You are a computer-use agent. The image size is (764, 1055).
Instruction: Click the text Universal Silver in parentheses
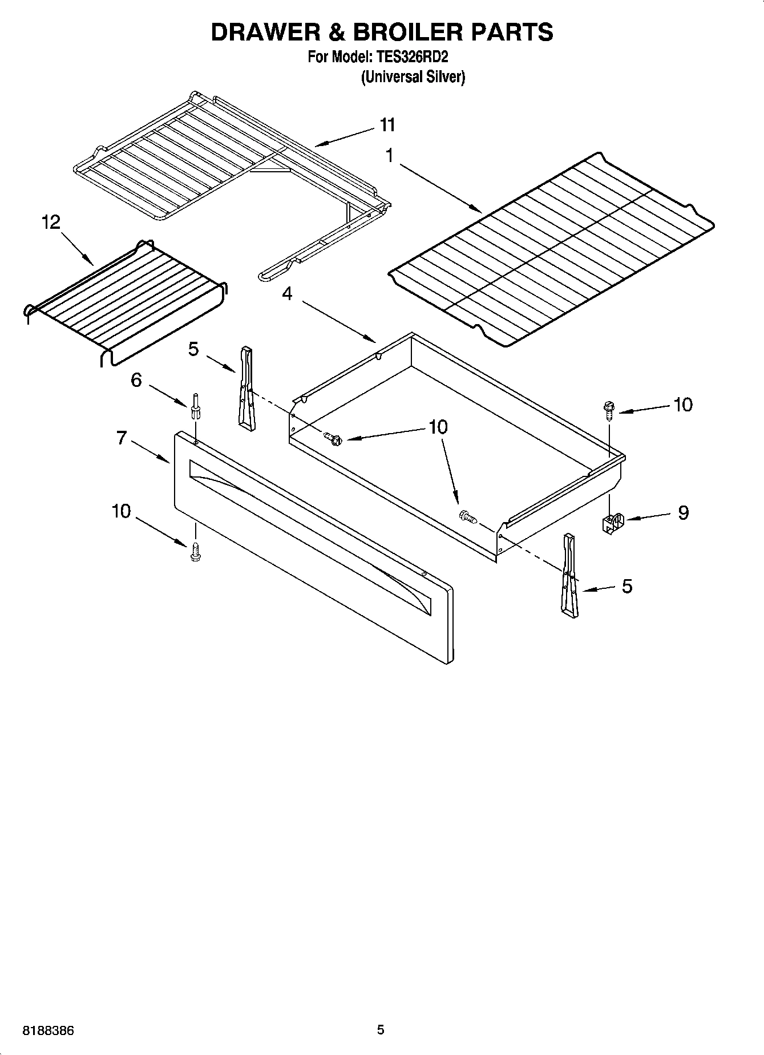point(413,77)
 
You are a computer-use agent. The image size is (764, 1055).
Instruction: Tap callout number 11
point(387,124)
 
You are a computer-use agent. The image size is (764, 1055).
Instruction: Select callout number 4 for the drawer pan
point(287,294)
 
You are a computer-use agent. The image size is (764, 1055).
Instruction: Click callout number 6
point(136,379)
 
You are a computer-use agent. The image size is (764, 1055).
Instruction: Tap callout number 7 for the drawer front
point(121,438)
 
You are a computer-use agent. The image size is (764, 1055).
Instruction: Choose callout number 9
point(683,512)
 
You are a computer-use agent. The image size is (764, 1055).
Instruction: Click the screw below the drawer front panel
point(196,552)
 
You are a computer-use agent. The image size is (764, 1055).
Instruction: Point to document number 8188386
point(48,1031)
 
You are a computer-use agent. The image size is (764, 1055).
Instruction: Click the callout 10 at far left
point(121,511)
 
